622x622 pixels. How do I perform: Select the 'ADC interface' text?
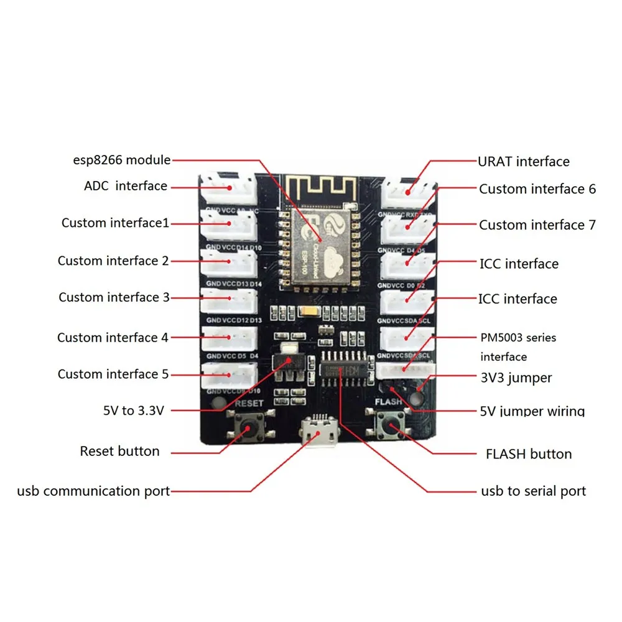[x=125, y=186]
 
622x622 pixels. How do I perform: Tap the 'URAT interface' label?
[x=523, y=162]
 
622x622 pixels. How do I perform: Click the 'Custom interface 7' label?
[x=537, y=225]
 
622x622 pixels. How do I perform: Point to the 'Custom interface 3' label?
[x=114, y=297]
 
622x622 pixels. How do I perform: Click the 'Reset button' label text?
[x=119, y=451]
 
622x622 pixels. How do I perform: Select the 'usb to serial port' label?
[x=533, y=491]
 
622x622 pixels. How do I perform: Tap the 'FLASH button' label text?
[x=528, y=453]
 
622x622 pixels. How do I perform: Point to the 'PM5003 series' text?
[x=518, y=338]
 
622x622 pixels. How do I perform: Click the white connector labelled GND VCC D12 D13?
[x=230, y=302]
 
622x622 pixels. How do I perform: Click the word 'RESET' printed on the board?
[x=249, y=402]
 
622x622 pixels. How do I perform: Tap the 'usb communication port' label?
[x=93, y=491]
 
